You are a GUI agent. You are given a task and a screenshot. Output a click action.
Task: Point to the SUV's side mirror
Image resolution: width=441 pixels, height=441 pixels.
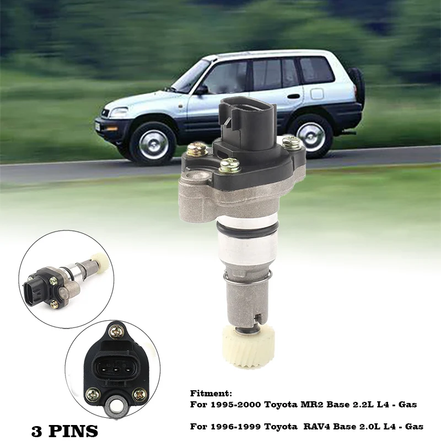(201, 89)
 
